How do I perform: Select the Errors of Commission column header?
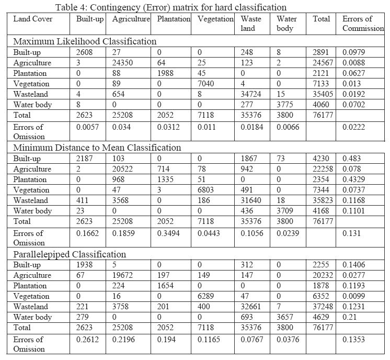tap(363, 24)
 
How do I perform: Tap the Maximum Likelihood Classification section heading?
tap(85, 41)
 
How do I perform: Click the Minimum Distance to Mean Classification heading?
tap(97, 148)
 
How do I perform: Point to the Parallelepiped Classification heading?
tap(70, 254)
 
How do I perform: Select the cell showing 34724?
tap(252, 94)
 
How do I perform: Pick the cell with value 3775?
tap(287, 105)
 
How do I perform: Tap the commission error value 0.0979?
tap(353, 52)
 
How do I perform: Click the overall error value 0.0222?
tap(353, 127)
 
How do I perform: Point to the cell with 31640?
tap(252, 200)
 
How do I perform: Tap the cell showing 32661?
tap(252, 307)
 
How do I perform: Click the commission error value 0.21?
tap(348, 317)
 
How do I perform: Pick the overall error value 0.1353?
tap(353, 340)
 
